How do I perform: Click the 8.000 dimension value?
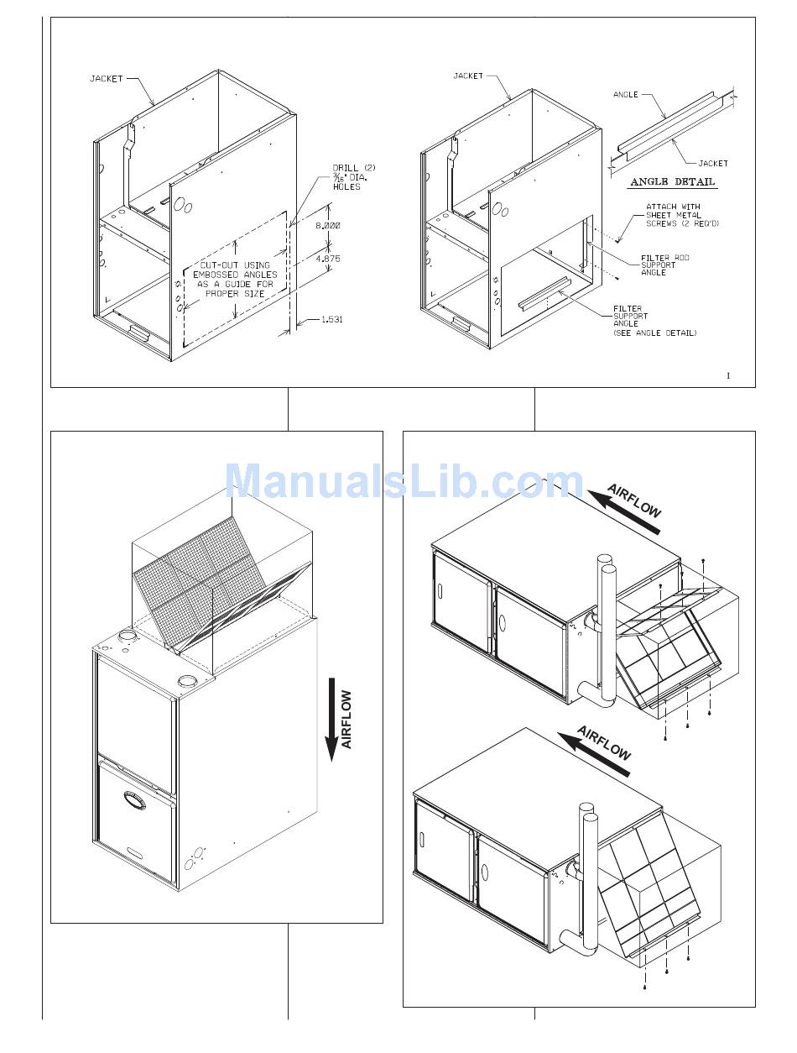coord(328,226)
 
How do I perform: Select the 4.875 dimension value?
coord(328,259)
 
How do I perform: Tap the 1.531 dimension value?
coord(331,319)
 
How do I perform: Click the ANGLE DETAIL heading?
coord(672,182)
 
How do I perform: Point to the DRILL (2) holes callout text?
coord(354,177)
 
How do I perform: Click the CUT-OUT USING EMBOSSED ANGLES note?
coord(235,279)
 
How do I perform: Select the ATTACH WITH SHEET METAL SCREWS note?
coord(682,215)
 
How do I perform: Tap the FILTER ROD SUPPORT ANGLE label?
coord(664,265)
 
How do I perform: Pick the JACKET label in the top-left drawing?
coord(107,79)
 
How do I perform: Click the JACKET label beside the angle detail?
coord(712,164)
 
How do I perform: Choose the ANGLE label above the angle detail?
coord(625,95)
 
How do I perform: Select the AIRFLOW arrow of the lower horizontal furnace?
coord(594,754)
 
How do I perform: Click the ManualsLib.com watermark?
coord(404,480)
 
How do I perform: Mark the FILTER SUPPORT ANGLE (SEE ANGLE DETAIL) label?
coord(654,321)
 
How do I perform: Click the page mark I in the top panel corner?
coord(728,375)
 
